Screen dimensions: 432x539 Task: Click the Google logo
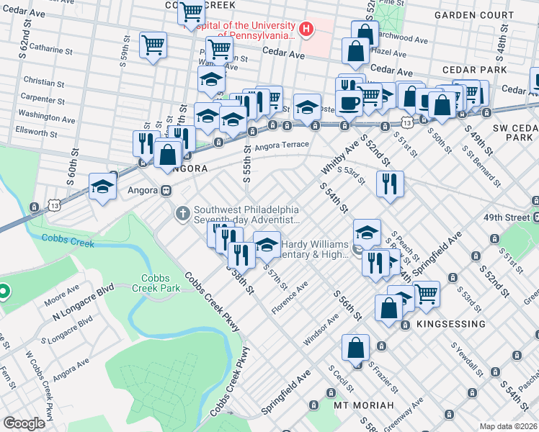pyautogui.click(x=24, y=423)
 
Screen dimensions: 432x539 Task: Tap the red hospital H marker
pyautogui.click(x=307, y=30)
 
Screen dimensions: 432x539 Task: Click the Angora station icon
pyautogui.click(x=166, y=191)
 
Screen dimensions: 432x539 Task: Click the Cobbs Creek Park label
pyautogui.click(x=160, y=282)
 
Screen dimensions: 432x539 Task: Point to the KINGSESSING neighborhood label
pyautogui.click(x=450, y=325)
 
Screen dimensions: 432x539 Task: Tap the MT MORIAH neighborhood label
pyautogui.click(x=364, y=405)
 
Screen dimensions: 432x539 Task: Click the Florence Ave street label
pyautogui.click(x=290, y=297)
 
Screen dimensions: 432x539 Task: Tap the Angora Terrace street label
pyautogui.click(x=280, y=145)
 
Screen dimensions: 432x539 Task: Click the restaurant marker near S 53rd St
pyautogui.click(x=390, y=183)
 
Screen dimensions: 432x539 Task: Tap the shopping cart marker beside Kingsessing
pyautogui.click(x=427, y=292)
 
